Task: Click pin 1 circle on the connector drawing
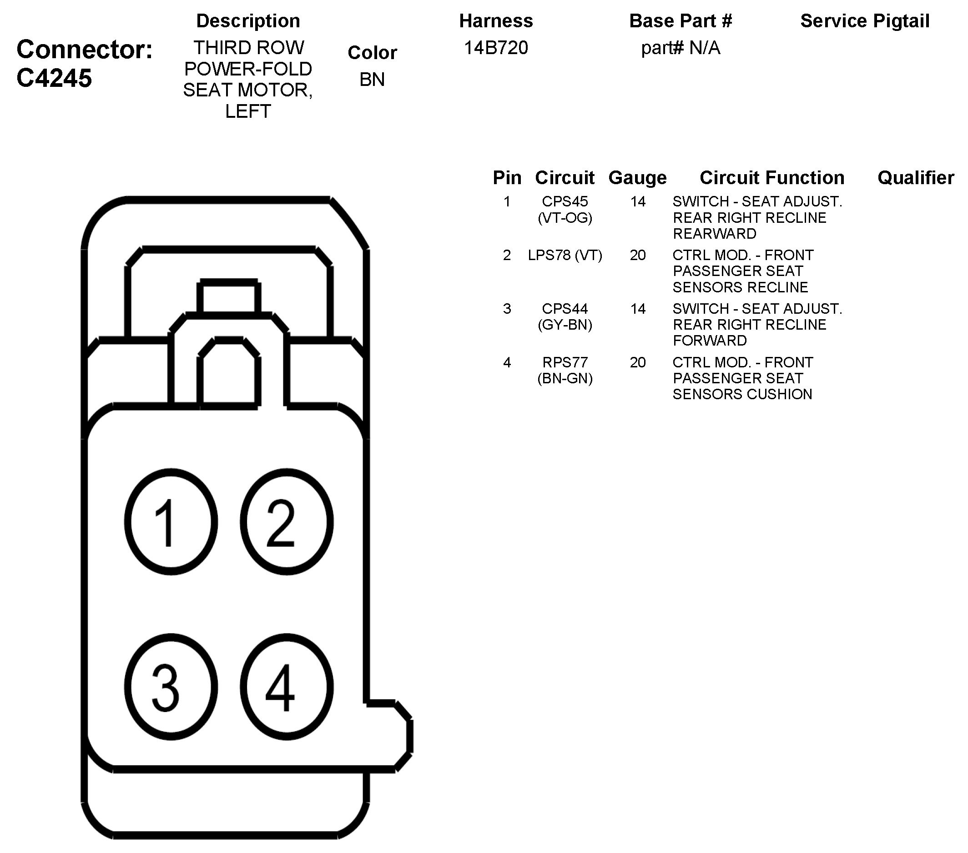click(171, 522)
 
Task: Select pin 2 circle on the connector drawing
click(287, 522)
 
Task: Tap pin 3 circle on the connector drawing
click(171, 687)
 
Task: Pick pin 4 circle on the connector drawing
click(287, 687)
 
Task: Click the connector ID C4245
click(54, 78)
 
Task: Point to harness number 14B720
click(496, 48)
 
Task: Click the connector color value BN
click(372, 80)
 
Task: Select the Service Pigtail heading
click(865, 21)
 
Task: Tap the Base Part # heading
click(681, 21)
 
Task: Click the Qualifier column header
click(915, 178)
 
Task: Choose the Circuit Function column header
click(772, 178)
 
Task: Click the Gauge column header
click(637, 178)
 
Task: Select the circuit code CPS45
click(565, 201)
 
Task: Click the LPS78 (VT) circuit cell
click(565, 256)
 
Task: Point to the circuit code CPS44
click(565, 309)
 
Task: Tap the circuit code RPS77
click(565, 362)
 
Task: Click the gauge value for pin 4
click(637, 362)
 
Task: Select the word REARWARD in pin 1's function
click(714, 234)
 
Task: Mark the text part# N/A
click(681, 48)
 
